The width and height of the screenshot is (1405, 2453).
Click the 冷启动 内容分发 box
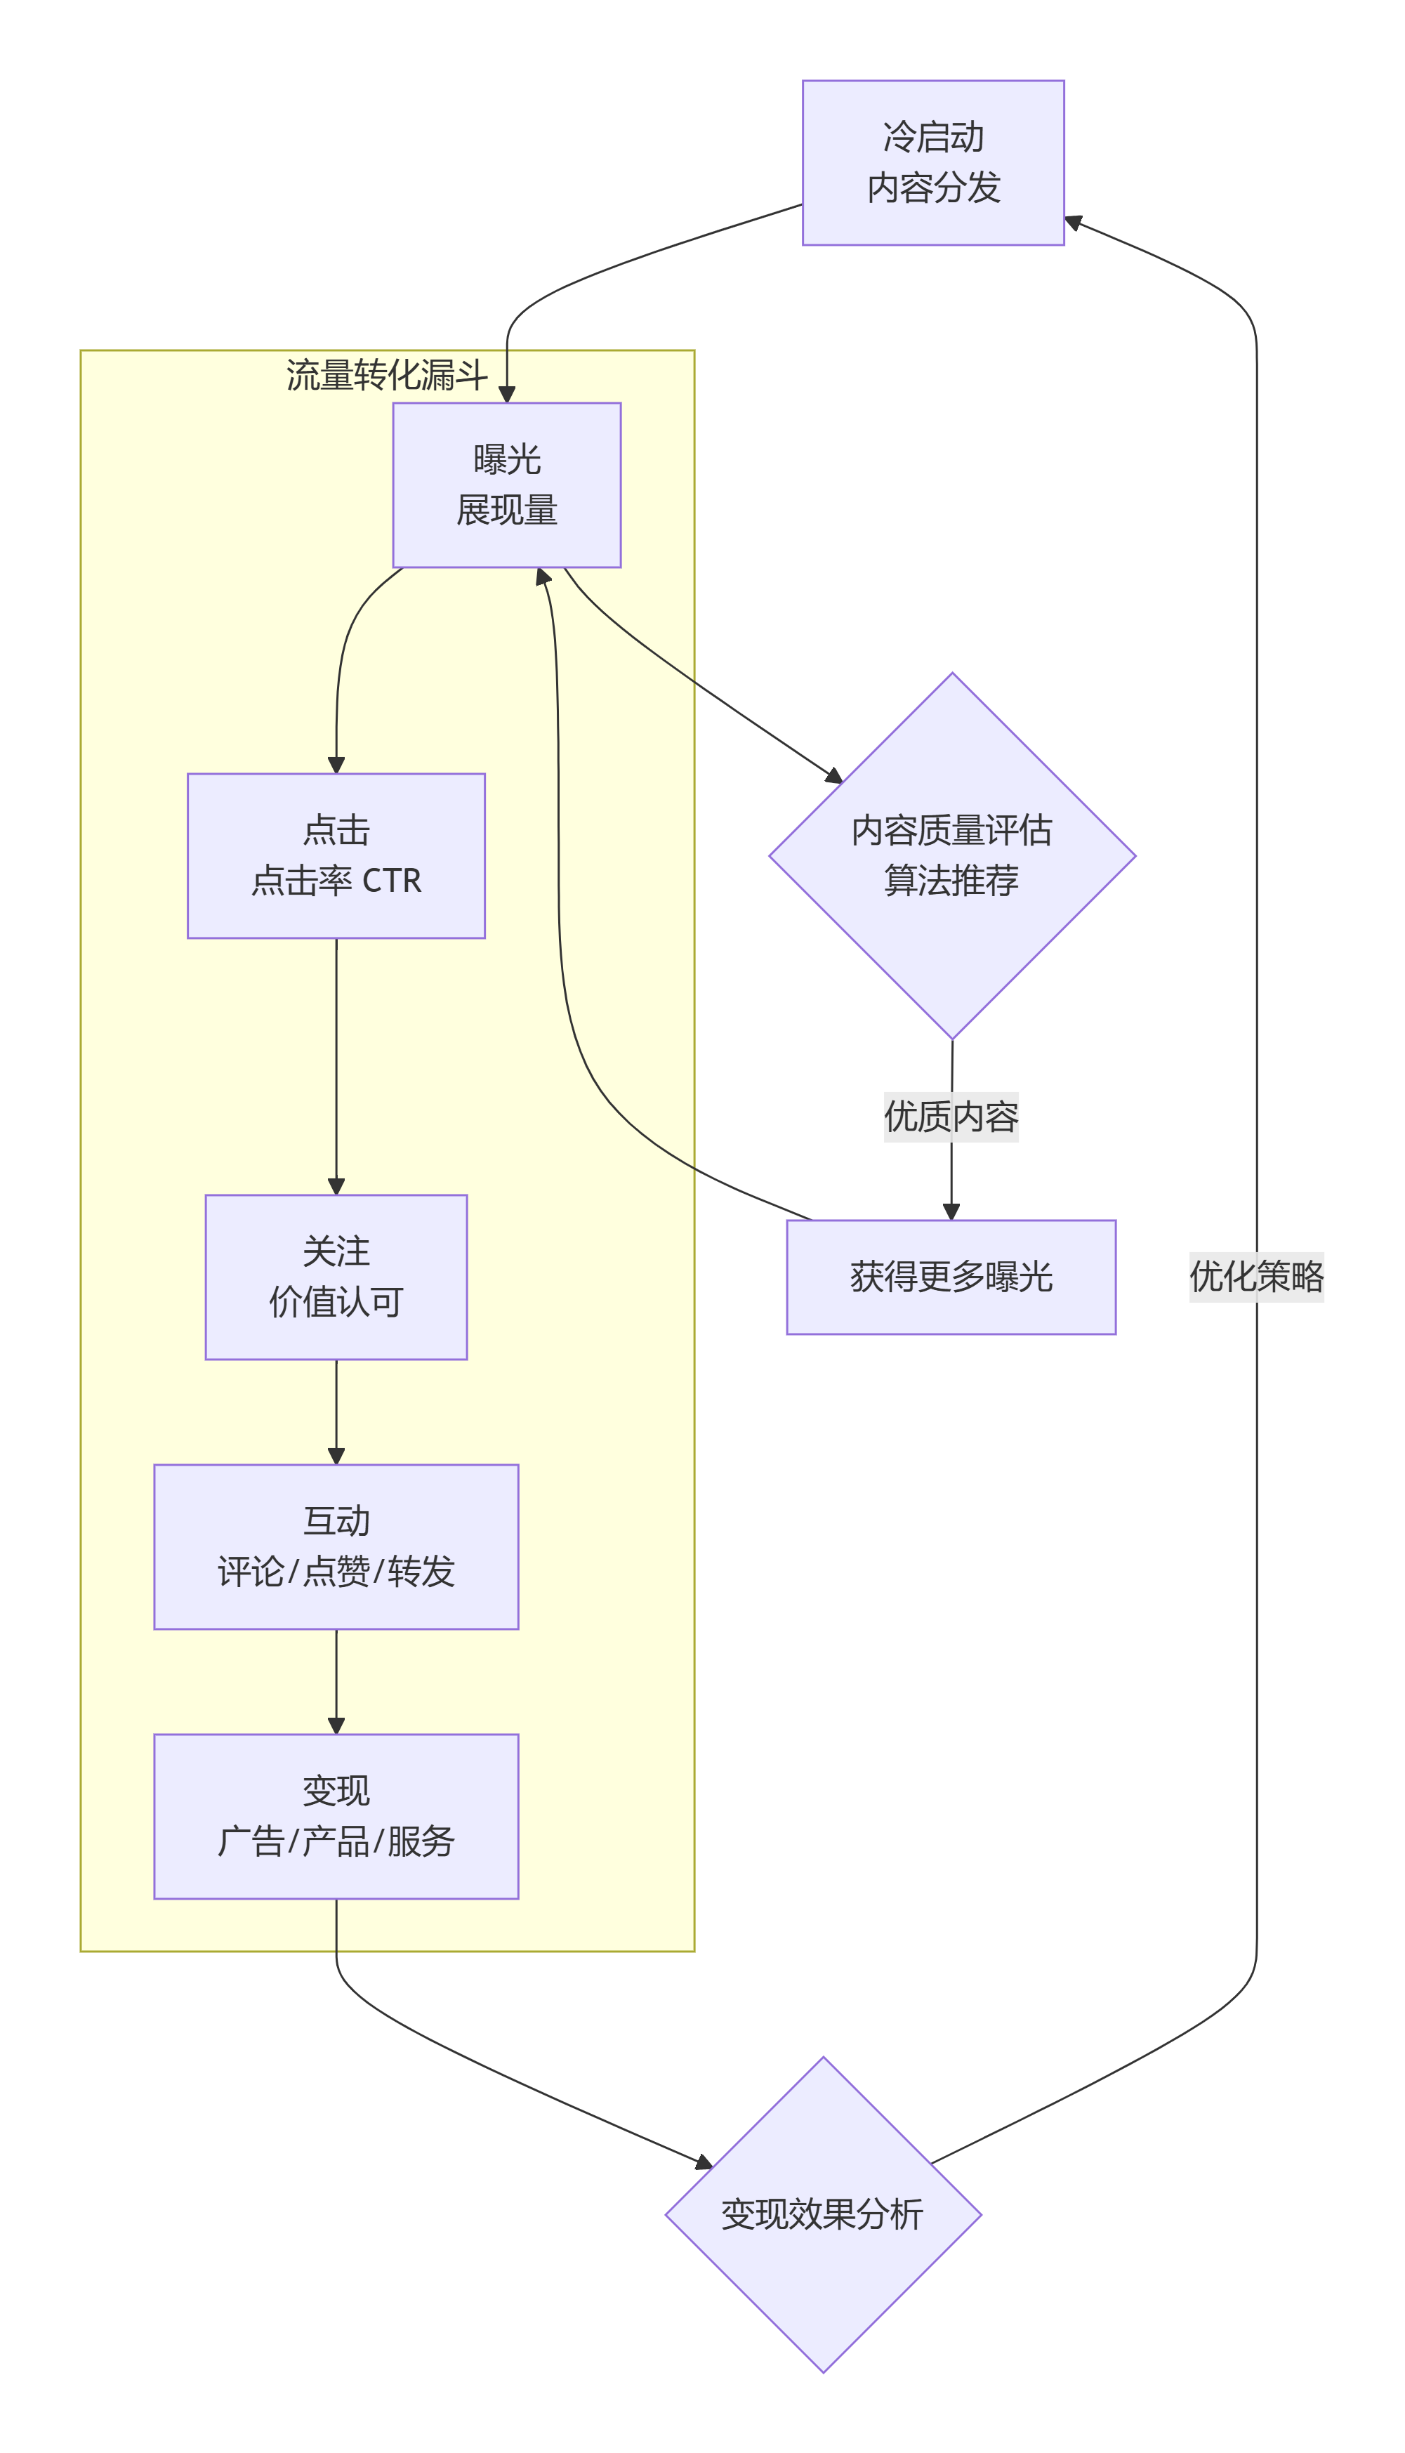[933, 162]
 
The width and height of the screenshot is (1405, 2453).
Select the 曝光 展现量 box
[507, 485]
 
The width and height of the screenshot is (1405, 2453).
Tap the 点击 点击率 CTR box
[336, 855]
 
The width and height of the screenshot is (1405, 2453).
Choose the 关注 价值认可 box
[336, 1277]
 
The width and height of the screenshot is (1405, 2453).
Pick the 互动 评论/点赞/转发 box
[336, 1546]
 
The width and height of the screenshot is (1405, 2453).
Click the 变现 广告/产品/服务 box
[336, 1815]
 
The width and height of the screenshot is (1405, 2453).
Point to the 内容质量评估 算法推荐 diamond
[951, 855]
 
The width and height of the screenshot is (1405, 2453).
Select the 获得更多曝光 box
[951, 1277]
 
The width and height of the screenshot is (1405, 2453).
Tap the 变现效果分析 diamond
[823, 2214]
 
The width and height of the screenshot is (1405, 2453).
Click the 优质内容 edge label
[951, 1117]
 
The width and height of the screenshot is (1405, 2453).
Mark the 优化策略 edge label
[1255, 1276]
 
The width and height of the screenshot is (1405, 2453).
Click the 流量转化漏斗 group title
[387, 374]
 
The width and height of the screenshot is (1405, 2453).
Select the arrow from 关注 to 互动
[336, 1411]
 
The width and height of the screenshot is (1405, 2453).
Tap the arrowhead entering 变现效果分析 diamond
[704, 2162]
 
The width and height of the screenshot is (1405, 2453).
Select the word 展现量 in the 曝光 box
[507, 511]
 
